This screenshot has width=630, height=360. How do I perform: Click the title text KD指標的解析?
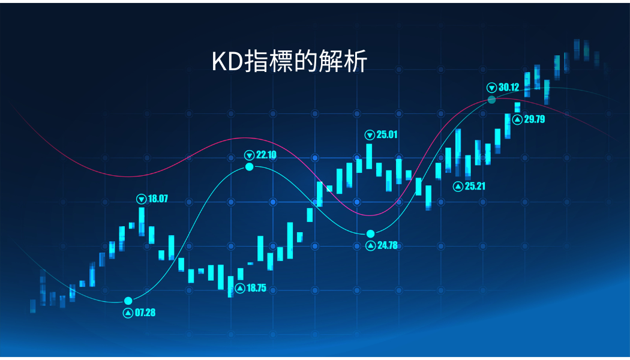289,61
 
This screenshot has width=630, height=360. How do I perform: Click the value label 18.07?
158,199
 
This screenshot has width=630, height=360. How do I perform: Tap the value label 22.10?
266,155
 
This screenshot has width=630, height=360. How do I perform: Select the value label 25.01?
387,134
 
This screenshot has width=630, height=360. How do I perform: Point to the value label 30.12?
509,87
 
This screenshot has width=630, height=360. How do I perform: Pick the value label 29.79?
535,119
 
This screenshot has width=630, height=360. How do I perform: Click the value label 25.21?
475,186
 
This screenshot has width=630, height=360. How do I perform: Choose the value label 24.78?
388,245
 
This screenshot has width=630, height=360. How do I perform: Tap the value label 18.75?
256,287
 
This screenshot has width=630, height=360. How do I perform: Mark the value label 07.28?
145,313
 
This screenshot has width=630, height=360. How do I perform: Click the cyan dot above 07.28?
128,301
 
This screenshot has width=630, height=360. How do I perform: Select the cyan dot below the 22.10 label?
250,167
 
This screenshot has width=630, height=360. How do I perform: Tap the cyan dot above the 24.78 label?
370,234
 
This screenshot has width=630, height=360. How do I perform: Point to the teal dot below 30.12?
492,100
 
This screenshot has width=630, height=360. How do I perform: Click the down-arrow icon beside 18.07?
142,199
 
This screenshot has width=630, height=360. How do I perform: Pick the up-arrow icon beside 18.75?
240,288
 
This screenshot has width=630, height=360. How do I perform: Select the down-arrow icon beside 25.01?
370,135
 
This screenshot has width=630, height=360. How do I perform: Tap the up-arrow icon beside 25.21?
458,187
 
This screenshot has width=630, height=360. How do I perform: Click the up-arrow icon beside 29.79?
517,119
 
